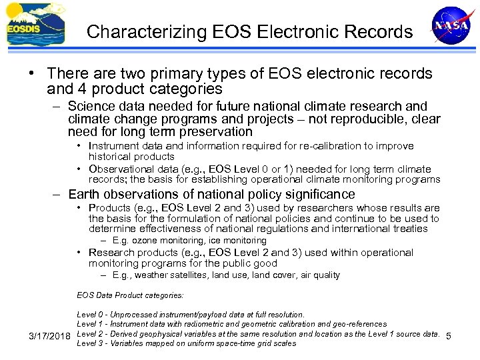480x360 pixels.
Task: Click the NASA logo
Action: pyautogui.click(x=451, y=26)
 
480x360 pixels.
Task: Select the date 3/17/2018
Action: pyautogui.click(x=51, y=334)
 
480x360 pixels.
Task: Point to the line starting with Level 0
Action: pyautogui.click(x=191, y=314)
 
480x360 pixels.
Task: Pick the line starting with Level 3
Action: pyautogui.click(x=186, y=343)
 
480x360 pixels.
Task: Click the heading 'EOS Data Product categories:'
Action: pyautogui.click(x=130, y=294)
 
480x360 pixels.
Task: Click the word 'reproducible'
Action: pyautogui.click(x=367, y=119)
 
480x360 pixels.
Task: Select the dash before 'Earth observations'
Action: pyautogui.click(x=58, y=195)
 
